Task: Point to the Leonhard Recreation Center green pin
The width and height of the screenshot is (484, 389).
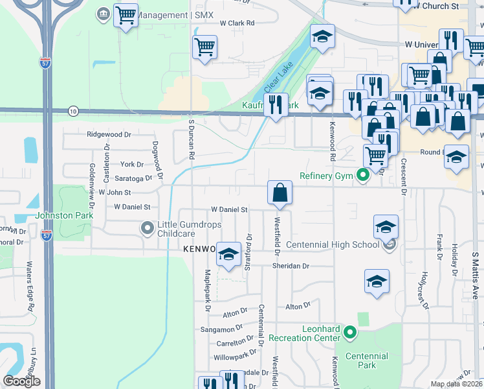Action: (x=350, y=333)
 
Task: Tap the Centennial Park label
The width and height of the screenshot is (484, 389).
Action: (x=366, y=360)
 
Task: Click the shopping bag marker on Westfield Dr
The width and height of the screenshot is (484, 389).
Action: (x=280, y=193)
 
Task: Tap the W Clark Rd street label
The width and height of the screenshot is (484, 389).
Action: (x=237, y=23)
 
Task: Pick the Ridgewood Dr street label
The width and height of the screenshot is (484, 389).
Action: (x=109, y=134)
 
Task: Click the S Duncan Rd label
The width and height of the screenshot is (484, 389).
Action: (x=191, y=139)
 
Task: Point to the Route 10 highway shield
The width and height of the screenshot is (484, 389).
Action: (x=73, y=112)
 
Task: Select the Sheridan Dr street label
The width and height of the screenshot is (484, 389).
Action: (x=293, y=266)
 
